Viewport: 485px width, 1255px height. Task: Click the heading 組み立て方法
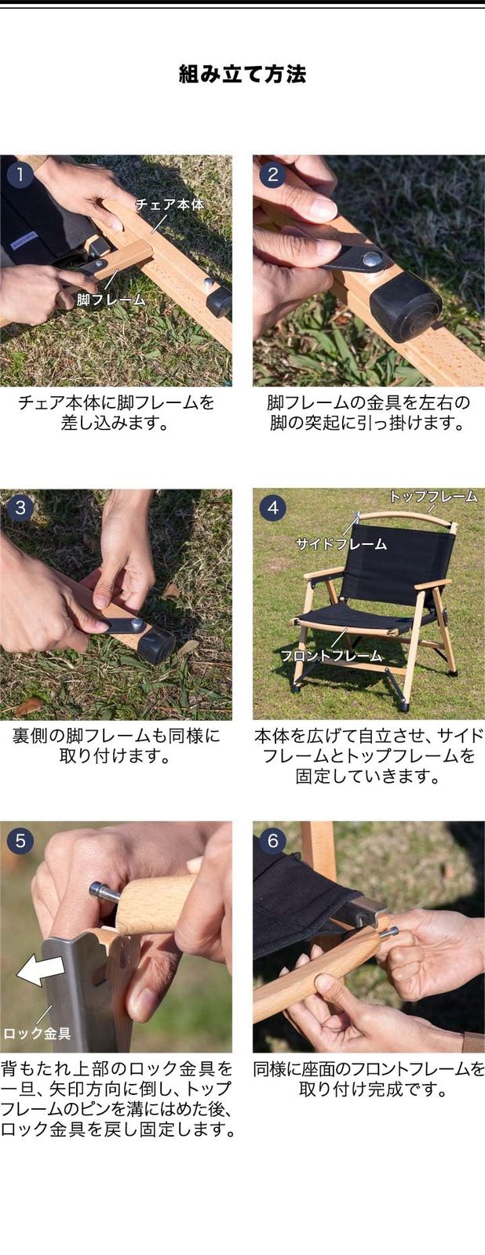(x=242, y=74)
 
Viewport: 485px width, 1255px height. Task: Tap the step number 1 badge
(x=20, y=175)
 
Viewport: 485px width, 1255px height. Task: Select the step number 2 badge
(x=273, y=175)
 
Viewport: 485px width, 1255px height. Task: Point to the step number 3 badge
(x=20, y=507)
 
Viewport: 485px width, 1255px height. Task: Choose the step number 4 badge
(x=273, y=507)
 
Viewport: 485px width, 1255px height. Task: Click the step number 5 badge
(x=20, y=840)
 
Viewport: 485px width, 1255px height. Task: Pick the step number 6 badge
(x=273, y=840)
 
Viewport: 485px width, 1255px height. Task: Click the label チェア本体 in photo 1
(x=170, y=205)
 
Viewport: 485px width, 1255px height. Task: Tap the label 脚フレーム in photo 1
(x=111, y=299)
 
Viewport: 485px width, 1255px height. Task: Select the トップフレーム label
(x=433, y=496)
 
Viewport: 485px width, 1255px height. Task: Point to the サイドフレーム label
(x=341, y=543)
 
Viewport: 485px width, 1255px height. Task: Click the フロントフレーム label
(x=331, y=655)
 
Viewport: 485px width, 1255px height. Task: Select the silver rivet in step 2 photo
(x=370, y=259)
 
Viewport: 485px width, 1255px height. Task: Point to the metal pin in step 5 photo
(x=105, y=893)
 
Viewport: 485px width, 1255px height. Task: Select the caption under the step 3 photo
(x=116, y=746)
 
